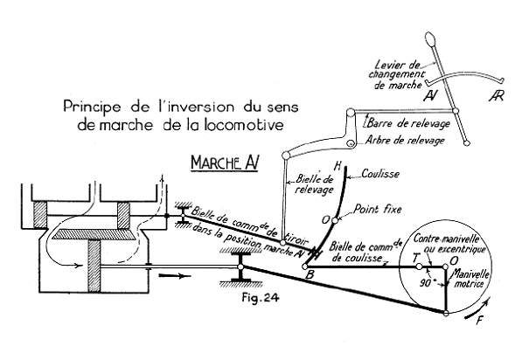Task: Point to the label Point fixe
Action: coord(375,211)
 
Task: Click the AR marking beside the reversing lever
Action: coord(498,94)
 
